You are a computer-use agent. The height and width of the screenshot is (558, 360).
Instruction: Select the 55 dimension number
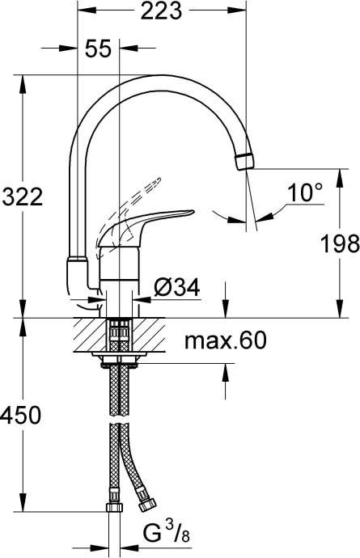tap(97, 49)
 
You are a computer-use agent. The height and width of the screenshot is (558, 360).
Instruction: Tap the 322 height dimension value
tap(20, 197)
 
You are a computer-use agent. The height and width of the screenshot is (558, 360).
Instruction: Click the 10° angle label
tap(305, 192)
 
